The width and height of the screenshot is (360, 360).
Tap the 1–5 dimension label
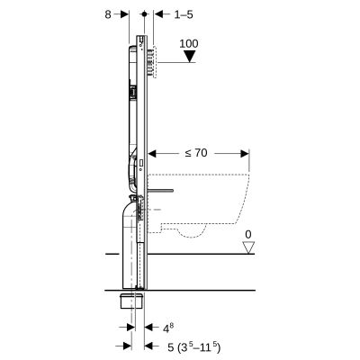[x=183, y=14]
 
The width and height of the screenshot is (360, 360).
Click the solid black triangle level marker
[x=189, y=57]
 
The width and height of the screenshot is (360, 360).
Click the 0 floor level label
[x=247, y=236]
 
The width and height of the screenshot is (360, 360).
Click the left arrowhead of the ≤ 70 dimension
[x=149, y=154]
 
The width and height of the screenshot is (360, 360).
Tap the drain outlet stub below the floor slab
[x=131, y=299]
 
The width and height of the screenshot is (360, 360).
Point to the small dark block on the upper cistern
[x=132, y=91]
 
